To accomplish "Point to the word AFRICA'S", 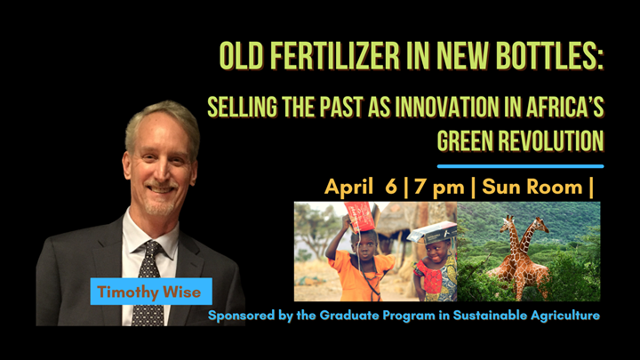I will (x=555, y=109).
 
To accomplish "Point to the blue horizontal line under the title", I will (x=520, y=165).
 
